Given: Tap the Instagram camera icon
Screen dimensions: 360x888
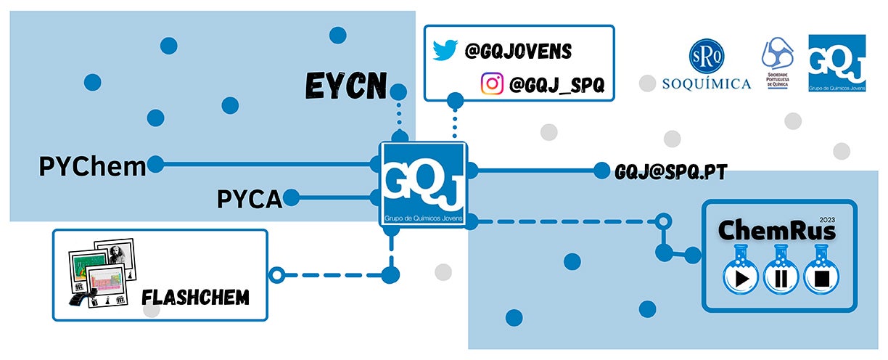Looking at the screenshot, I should click(x=492, y=84).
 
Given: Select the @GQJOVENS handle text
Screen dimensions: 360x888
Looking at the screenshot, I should click(x=519, y=52).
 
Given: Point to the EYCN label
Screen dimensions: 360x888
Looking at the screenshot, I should click(x=345, y=86).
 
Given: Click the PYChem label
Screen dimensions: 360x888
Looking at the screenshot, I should click(x=92, y=166).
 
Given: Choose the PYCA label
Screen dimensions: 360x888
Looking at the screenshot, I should click(x=249, y=198).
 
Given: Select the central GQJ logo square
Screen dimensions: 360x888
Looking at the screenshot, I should click(x=424, y=186).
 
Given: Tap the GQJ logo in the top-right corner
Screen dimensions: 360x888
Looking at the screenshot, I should click(x=837, y=63).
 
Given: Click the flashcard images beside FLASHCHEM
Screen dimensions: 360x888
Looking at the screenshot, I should click(x=99, y=274).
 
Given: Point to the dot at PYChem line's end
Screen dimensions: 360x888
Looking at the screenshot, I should click(x=156, y=165).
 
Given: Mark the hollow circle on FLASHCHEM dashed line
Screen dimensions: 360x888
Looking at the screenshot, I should click(x=276, y=274).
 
